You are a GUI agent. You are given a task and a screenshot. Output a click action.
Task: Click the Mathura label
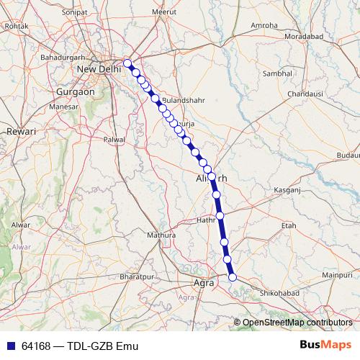point(161,235)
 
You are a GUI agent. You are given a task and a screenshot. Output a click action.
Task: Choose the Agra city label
point(205,282)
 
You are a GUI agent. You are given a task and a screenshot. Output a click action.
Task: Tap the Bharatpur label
point(138,276)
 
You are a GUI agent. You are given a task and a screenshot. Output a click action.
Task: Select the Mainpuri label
point(337,275)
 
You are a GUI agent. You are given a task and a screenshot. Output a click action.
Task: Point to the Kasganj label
point(289,189)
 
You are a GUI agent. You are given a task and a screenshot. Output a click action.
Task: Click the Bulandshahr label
point(184,100)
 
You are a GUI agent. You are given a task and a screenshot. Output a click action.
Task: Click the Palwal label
point(114,139)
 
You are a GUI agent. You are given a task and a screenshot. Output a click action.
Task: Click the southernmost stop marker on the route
point(233,276)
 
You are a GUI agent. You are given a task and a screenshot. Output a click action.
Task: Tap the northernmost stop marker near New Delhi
point(127,63)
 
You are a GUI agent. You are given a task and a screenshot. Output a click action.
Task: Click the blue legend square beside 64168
point(9,346)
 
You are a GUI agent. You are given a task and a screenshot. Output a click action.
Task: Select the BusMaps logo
point(325,345)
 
